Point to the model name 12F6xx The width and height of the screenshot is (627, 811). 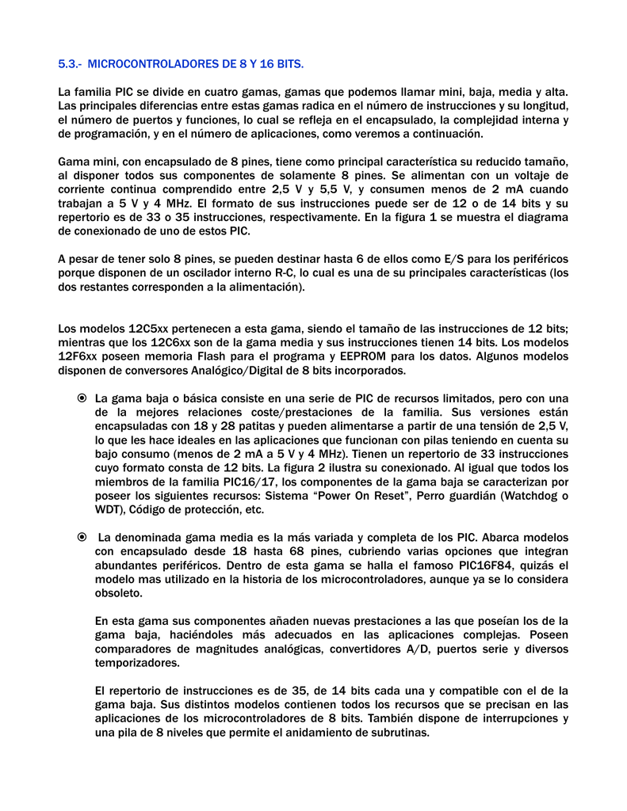pyautogui.click(x=78, y=356)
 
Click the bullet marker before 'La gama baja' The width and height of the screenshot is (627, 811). pyautogui.click(x=82, y=398)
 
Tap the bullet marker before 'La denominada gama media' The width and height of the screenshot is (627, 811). pyautogui.click(x=82, y=538)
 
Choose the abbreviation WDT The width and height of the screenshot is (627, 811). pyautogui.click(x=108, y=509)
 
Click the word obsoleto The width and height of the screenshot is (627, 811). pyautogui.click(x=119, y=593)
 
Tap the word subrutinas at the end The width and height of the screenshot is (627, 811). pyautogui.click(x=400, y=733)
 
